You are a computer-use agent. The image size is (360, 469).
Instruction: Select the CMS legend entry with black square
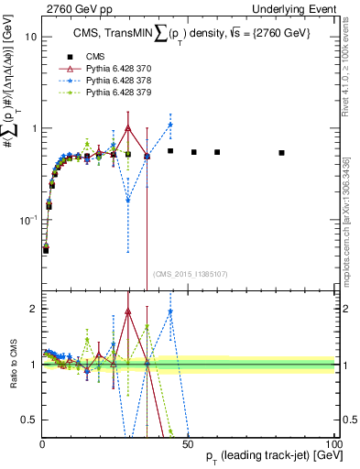pos(89,56)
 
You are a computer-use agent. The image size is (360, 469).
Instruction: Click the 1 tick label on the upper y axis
pos(32,128)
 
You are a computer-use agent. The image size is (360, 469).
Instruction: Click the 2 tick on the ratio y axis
pos(32,310)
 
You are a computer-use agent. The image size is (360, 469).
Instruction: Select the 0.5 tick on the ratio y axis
pos(28,420)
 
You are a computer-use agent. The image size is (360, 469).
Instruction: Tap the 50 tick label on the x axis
pos(187,443)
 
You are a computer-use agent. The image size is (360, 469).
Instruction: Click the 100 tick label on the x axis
pos(333,443)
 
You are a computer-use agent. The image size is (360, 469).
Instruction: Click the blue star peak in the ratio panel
pos(170,311)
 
